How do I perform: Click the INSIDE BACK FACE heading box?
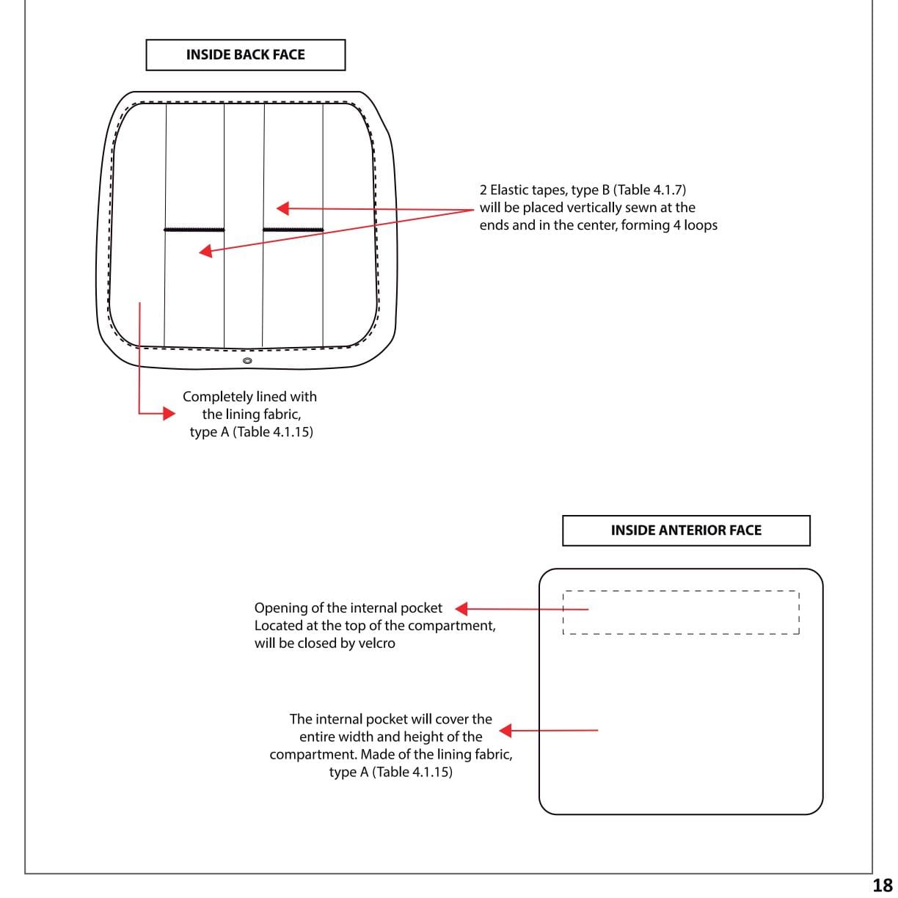click(x=245, y=55)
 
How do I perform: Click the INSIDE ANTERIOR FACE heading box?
click(x=686, y=530)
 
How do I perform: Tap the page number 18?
click(x=882, y=885)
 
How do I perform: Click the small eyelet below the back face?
click(x=247, y=361)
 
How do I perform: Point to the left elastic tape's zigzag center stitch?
click(x=194, y=230)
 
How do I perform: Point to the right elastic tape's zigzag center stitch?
click(x=293, y=230)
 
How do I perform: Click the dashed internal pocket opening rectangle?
click(x=680, y=613)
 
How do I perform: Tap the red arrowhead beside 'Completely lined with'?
click(x=168, y=414)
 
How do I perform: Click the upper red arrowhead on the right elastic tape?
click(x=283, y=208)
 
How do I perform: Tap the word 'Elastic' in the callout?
click(x=513, y=190)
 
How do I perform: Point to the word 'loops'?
click(x=700, y=225)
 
